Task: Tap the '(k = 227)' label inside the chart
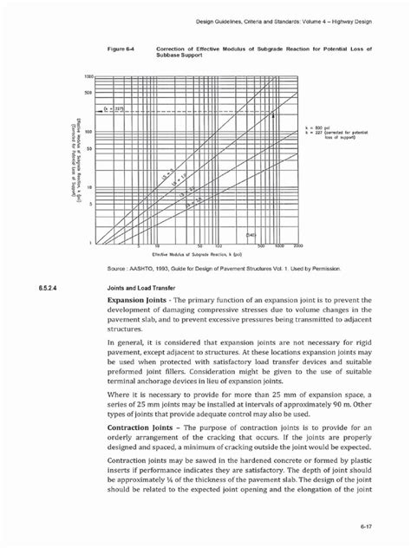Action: click(x=112, y=109)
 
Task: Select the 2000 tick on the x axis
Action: click(x=297, y=246)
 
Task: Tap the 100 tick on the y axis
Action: click(x=88, y=132)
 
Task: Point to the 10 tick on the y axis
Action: click(x=89, y=187)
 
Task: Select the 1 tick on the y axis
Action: click(x=91, y=243)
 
